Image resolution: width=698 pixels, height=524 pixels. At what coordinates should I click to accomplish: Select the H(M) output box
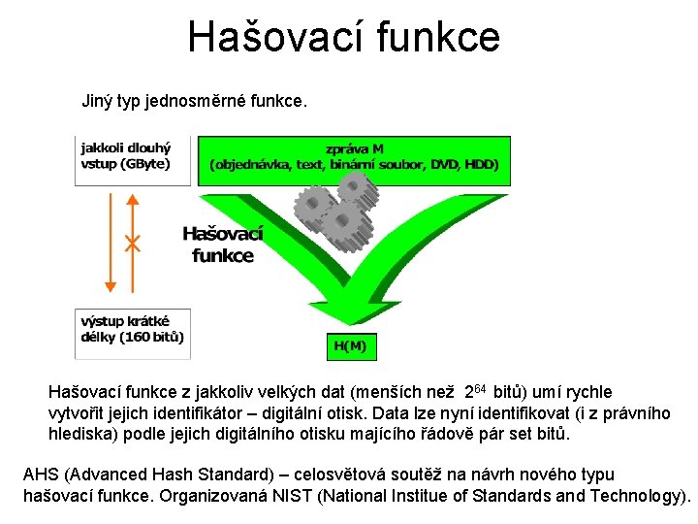[x=349, y=344]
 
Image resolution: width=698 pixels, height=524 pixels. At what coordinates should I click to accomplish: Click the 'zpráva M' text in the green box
[x=354, y=149]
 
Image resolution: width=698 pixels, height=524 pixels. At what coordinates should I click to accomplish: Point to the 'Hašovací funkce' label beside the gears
[x=222, y=246]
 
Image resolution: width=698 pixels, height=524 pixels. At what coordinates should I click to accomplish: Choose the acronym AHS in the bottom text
[x=42, y=475]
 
